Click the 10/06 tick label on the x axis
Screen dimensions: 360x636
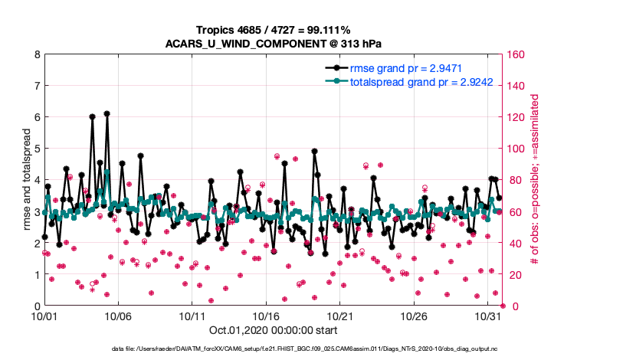[x=118, y=315]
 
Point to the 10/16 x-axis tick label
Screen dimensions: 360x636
[x=266, y=315]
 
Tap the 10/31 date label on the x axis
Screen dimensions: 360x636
[x=488, y=315]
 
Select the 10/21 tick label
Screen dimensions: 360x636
[x=340, y=315]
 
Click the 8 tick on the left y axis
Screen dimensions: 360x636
[x=36, y=55]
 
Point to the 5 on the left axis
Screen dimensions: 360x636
[x=36, y=149]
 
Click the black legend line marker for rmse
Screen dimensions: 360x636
[x=335, y=67]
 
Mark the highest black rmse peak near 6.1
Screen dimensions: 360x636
[x=107, y=113]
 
